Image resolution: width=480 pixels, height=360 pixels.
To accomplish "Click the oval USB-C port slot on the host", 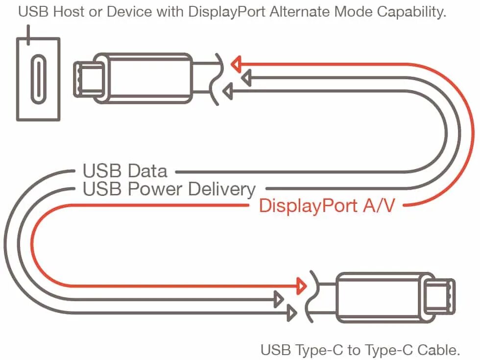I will click(38, 79).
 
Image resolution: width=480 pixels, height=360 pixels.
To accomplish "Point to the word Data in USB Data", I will click(147, 171).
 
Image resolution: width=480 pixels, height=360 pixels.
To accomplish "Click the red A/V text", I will click(379, 206).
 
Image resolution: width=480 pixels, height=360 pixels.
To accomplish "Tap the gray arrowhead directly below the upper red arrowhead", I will click(246, 77).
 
